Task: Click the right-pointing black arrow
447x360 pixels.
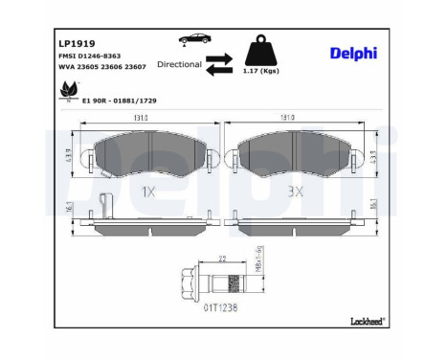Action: pyautogui.click(x=219, y=57)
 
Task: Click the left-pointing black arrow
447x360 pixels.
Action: pyautogui.click(x=219, y=70)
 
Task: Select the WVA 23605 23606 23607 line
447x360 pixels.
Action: pyautogui.click(x=95, y=68)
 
